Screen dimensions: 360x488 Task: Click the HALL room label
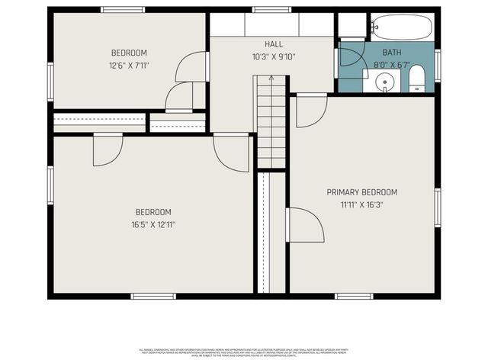(274, 44)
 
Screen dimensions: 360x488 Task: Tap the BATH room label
(391, 53)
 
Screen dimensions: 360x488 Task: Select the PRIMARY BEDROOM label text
(362, 192)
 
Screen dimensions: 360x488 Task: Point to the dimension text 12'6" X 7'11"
(129, 65)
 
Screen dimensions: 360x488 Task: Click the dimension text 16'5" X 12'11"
(153, 224)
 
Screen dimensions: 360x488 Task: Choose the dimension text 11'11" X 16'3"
(362, 204)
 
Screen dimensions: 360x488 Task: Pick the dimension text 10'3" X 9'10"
(274, 56)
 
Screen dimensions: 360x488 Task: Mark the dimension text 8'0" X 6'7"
(391, 65)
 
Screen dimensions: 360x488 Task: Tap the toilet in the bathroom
(417, 79)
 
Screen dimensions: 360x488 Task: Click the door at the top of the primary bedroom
(310, 109)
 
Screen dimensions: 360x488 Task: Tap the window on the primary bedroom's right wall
(438, 207)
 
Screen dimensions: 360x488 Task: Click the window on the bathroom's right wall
(438, 64)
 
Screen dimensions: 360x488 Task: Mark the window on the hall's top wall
(272, 10)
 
